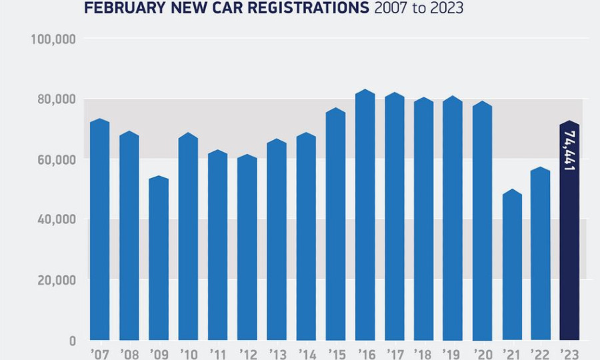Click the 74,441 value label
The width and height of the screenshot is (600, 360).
(569, 151)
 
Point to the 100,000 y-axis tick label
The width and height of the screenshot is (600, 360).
(53, 39)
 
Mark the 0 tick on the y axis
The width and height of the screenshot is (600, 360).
(71, 341)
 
